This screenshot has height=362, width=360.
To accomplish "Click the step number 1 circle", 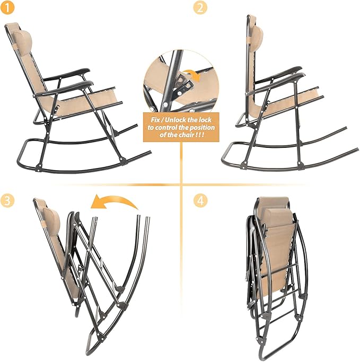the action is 7,7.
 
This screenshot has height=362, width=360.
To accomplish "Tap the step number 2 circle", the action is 200,7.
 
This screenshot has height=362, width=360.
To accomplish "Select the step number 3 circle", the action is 7,200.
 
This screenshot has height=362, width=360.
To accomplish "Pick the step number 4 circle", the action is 200,200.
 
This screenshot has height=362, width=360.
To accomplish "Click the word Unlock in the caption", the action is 176,120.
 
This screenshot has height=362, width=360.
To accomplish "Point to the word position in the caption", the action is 201,127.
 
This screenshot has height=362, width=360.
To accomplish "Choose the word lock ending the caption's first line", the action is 205,120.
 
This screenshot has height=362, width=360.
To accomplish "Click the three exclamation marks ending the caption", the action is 200,135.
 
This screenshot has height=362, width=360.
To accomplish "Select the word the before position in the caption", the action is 183,127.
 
